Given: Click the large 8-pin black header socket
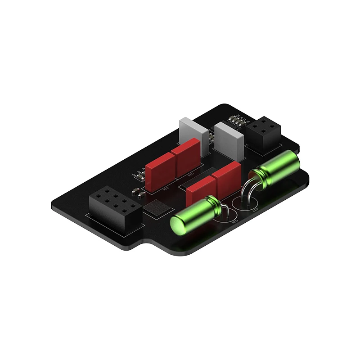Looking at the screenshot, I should tap(115, 207).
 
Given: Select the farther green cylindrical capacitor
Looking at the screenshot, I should tap(276, 169).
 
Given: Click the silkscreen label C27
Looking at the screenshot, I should tap(255, 210).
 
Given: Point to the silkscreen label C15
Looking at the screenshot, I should tap(190, 175).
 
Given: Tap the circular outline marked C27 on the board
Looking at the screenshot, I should tap(245, 203).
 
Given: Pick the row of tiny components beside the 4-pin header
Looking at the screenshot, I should tap(237, 121).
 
